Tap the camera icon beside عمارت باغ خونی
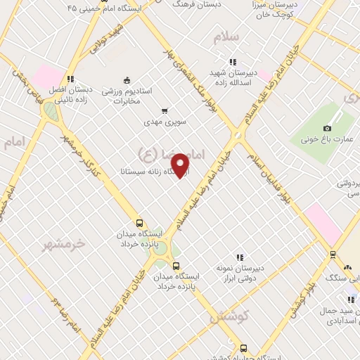click(x=327, y=128)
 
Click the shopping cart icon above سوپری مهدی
click(x=165, y=110)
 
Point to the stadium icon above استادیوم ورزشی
click(x=126, y=79)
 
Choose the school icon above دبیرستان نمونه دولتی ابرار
click(x=240, y=257)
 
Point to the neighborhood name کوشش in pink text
click(x=224, y=318)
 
